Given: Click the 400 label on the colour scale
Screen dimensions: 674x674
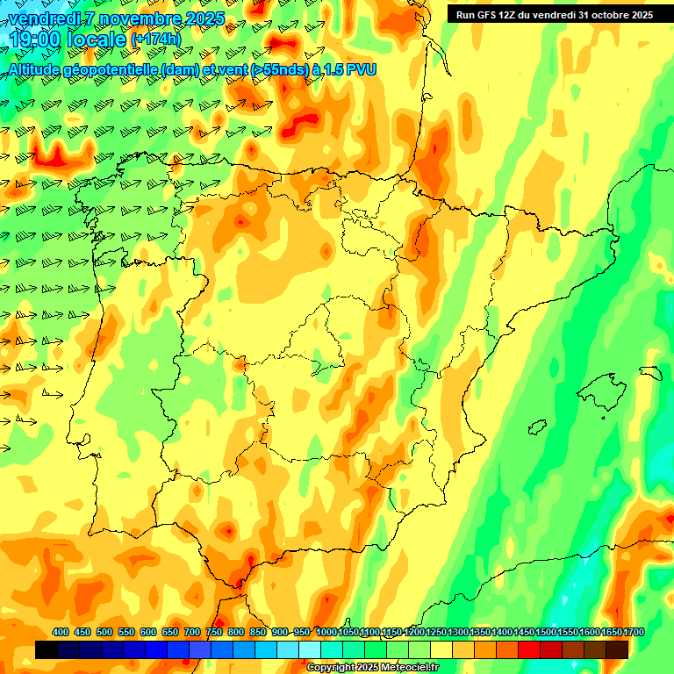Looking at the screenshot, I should point(61,632).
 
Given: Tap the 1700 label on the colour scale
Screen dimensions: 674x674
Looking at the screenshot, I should point(612,632).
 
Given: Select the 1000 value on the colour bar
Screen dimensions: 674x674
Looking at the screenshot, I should point(326,632).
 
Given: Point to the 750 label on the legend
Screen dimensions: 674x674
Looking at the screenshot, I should point(214,632).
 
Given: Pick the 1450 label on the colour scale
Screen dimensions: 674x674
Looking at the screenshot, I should point(524,632).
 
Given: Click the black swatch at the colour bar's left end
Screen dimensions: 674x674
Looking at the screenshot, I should point(47,649).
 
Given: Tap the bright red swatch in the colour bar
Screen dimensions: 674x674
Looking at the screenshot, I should point(529,649).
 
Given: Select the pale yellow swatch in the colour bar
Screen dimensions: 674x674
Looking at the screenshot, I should point(441,649).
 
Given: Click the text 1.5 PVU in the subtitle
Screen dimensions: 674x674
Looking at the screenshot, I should point(349,68).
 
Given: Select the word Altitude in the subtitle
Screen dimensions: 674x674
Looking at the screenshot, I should point(35,68).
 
